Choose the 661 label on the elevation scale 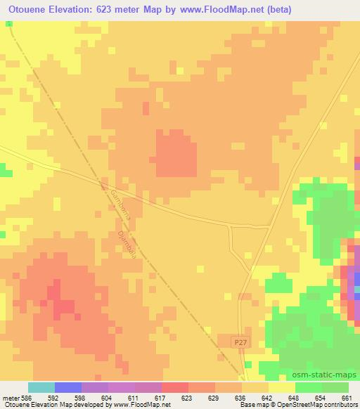click(347, 398)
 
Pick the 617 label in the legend click(160, 398)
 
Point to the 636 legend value click(240, 398)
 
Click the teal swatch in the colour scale click(41, 387)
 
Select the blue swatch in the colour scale click(68, 387)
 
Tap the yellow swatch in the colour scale click(281, 387)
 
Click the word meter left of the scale click(11, 398)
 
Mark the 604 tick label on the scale click(108, 398)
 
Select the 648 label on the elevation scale click(294, 398)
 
